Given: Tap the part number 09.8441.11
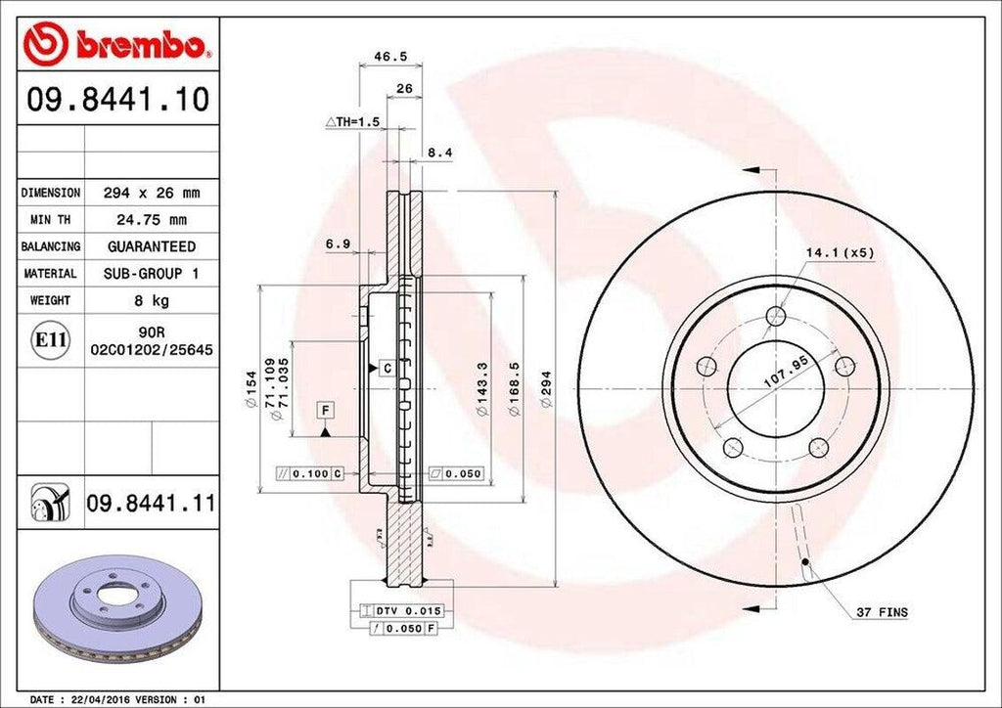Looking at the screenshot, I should coord(151,505).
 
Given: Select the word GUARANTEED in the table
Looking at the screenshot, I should coord(151,246).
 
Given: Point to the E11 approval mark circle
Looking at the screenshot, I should coord(50,340).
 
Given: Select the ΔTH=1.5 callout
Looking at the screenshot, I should coord(351,121).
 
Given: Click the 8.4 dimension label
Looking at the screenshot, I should coord(440,153).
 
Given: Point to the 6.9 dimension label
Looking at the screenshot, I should coord(339,243).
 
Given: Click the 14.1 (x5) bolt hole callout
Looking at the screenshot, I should coord(839,253).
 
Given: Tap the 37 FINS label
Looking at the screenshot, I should coord(881,613).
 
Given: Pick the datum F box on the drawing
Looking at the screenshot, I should coord(323,411).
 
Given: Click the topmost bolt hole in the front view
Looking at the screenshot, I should coord(776,315).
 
